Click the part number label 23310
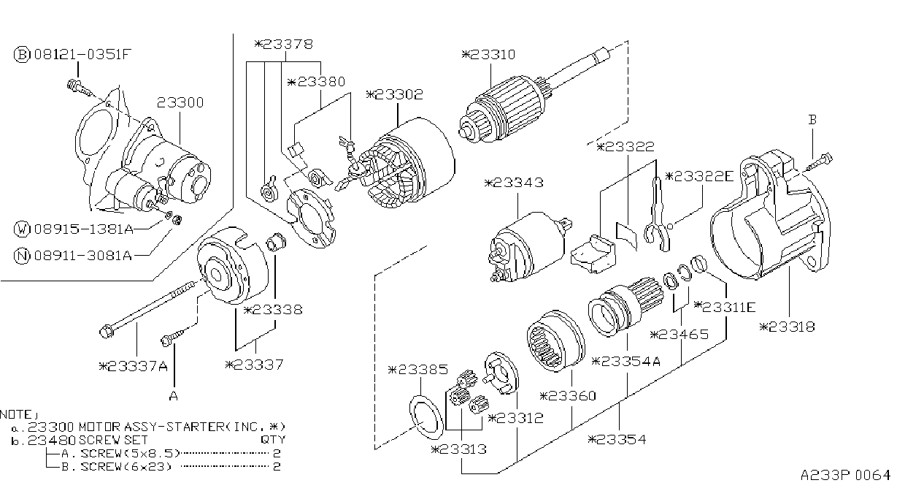pyautogui.click(x=488, y=54)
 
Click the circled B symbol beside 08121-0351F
pyautogui.click(x=22, y=54)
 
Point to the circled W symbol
pyautogui.click(x=22, y=229)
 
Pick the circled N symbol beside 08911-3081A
pyautogui.click(x=22, y=255)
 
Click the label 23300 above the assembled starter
pyautogui.click(x=180, y=102)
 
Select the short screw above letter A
pyautogui.click(x=174, y=337)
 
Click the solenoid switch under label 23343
pyautogui.click(x=529, y=245)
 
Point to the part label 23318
pyautogui.click(x=788, y=327)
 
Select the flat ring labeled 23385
pyautogui.click(x=426, y=417)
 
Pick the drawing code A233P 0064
pyautogui.click(x=845, y=476)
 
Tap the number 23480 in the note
pyautogui.click(x=51, y=440)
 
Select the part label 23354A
pyautogui.click(x=626, y=362)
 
